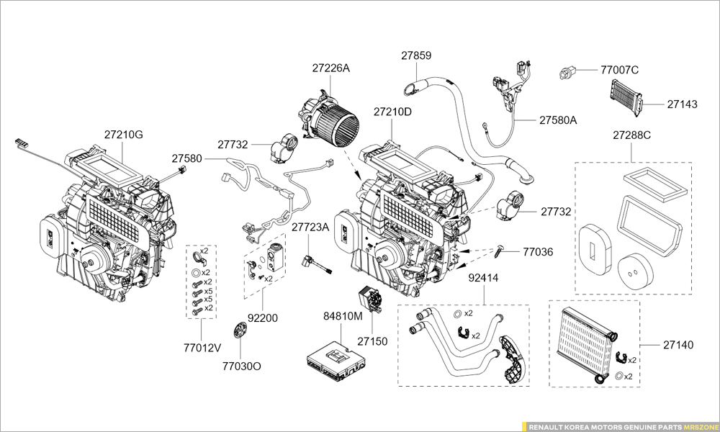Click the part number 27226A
(330, 68)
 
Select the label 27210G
(123, 135)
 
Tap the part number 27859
(416, 55)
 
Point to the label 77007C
(620, 71)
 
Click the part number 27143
(682, 104)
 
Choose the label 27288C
(631, 135)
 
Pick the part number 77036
(538, 252)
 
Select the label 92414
(483, 277)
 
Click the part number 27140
(678, 345)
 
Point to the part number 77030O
(241, 366)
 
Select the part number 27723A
(310, 227)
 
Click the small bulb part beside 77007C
(569, 71)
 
